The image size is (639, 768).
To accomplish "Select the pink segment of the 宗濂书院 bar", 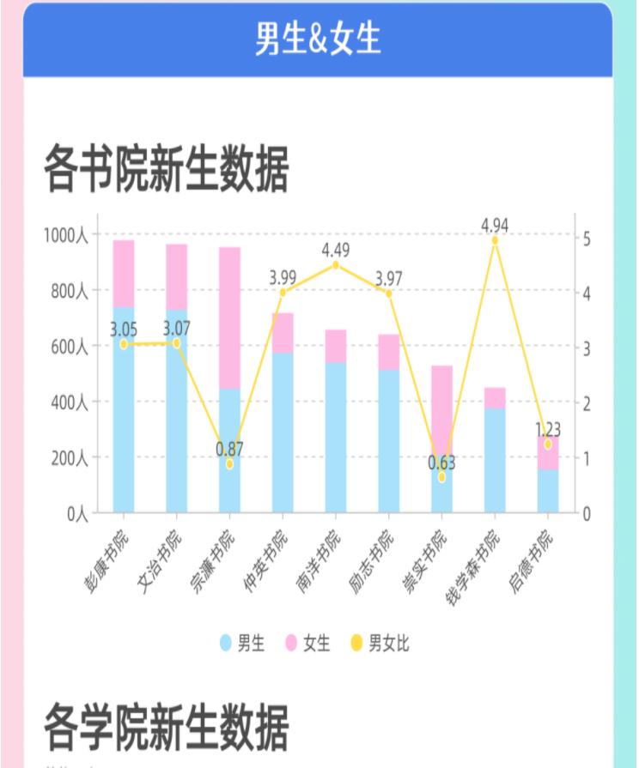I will (229, 317).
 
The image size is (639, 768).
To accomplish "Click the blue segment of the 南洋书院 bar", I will (336, 438).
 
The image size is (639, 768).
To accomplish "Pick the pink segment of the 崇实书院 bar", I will (442, 403).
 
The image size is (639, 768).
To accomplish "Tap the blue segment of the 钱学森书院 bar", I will (495, 460).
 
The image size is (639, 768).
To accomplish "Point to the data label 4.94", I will (495, 226).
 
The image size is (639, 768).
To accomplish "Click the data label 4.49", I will (336, 251).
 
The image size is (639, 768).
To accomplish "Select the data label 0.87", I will (229, 449).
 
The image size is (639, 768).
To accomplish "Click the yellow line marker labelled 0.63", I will (442, 477).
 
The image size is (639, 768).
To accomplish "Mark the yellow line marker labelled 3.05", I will (124, 344).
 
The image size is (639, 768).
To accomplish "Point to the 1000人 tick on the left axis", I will (66, 236).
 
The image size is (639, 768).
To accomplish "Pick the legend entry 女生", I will (307, 643).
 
